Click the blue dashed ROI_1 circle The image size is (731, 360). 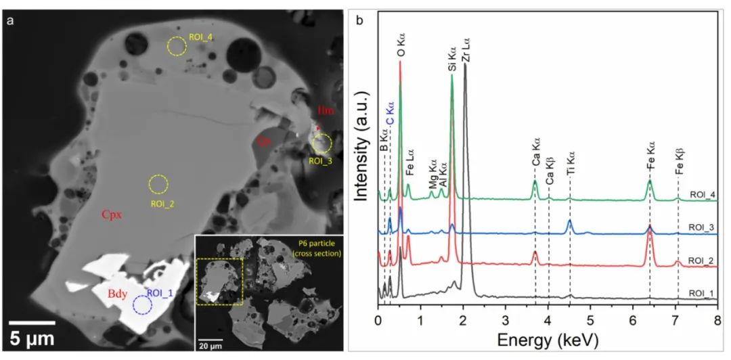(x=142, y=305)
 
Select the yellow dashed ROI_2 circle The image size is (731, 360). (x=158, y=183)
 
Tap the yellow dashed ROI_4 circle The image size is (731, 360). (x=177, y=46)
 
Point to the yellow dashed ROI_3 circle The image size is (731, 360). (x=322, y=143)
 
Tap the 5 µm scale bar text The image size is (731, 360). (x=31, y=337)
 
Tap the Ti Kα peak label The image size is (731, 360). (x=570, y=175)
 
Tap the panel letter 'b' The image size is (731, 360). (x=359, y=20)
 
